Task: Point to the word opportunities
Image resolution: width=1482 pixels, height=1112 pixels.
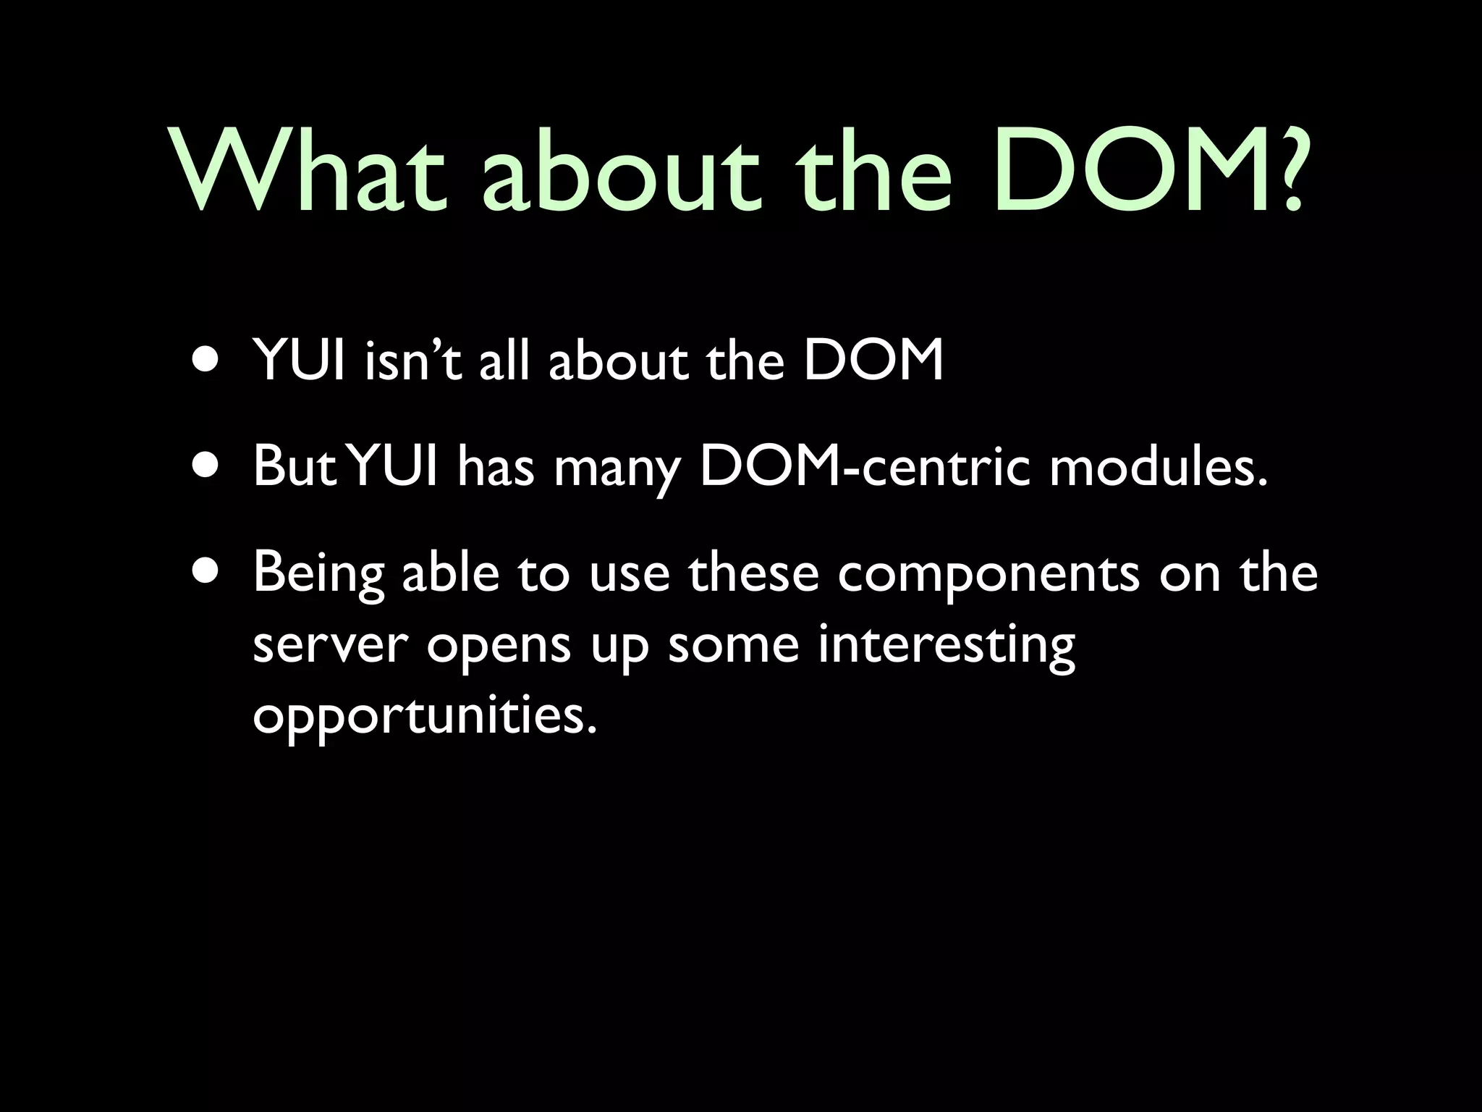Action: point(425,717)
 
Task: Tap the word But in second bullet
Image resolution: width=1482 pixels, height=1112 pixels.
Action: point(295,467)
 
